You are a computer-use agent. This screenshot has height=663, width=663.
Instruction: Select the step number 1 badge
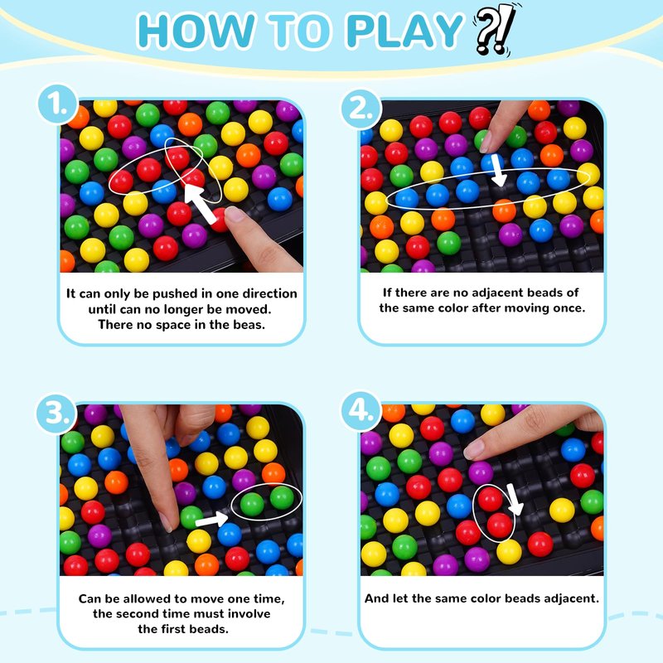coord(58,104)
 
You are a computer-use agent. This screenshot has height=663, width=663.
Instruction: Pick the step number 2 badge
coord(361,109)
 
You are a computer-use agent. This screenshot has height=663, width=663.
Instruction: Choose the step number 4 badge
coord(361,410)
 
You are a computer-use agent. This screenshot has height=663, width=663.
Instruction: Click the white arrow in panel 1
coord(200,204)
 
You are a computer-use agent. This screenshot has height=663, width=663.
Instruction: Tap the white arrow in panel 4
coord(515,500)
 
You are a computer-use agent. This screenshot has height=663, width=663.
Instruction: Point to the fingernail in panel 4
coord(473,449)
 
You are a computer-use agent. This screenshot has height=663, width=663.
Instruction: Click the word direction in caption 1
coord(270,293)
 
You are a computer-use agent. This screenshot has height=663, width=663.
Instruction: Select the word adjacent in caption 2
coord(496,293)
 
